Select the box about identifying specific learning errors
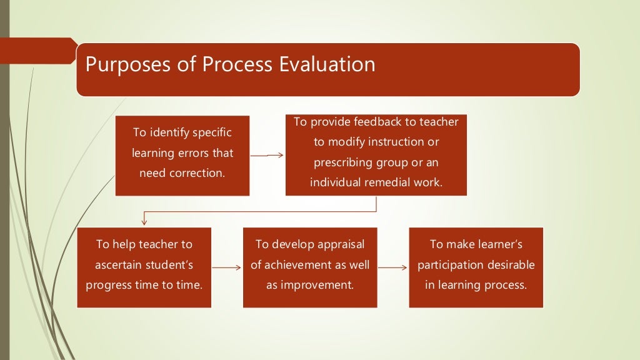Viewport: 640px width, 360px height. (182, 156)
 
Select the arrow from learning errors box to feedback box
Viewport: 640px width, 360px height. (267, 156)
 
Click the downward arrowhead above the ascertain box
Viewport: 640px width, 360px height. (144, 221)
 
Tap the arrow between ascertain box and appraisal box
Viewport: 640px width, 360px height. (227, 267)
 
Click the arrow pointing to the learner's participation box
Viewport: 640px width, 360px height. (392, 267)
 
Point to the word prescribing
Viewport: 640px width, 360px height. (342, 162)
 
